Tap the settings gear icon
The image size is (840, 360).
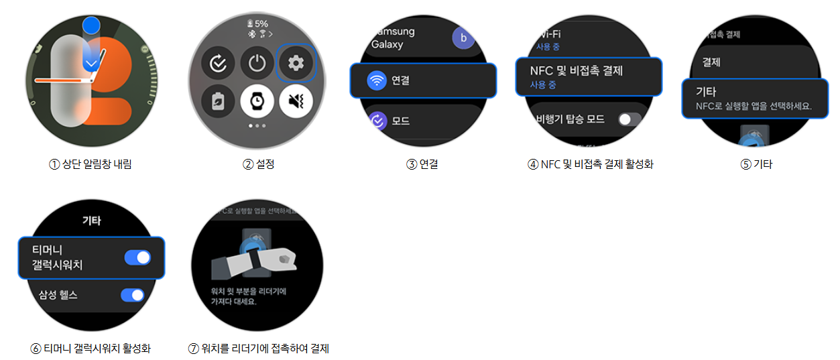296,64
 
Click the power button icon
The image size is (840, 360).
257,64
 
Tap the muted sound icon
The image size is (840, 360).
296,102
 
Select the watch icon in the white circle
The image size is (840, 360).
257,102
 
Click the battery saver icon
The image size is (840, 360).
218,102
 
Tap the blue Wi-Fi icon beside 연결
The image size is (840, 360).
377,80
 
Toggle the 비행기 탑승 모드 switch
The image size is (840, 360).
629,119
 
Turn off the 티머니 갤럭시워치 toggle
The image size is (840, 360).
138,257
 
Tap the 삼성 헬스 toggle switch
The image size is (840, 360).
133,294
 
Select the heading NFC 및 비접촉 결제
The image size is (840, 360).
577,70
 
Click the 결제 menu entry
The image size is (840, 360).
711,62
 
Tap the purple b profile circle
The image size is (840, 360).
463,38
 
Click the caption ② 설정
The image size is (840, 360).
258,164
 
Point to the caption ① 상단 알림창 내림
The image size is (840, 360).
91,164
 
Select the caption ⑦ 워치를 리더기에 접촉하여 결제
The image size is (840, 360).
259,349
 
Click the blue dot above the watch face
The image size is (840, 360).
92,26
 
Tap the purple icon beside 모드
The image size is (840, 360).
377,121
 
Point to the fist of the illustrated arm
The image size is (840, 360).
285,257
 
